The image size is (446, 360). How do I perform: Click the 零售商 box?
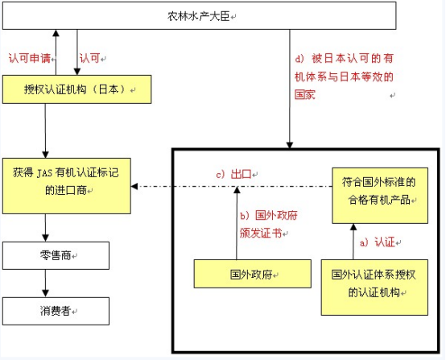point(55,257)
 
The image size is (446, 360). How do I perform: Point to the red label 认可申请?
point(31,59)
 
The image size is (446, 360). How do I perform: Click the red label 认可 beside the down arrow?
point(91,59)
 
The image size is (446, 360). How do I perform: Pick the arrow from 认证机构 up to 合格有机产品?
point(349,241)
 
